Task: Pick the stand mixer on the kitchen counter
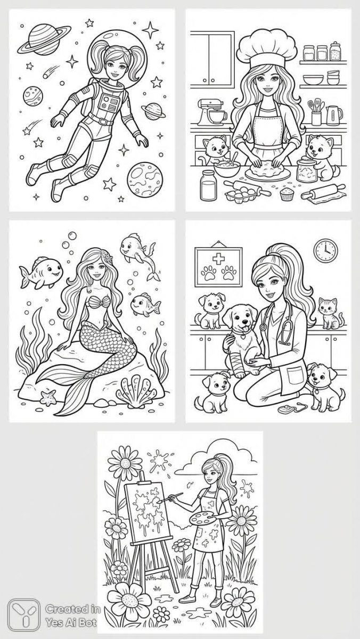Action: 210,111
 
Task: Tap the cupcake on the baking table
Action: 287,194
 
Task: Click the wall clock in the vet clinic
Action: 326,251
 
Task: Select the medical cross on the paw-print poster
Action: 219,259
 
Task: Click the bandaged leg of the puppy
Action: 239,361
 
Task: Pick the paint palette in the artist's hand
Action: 203,515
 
